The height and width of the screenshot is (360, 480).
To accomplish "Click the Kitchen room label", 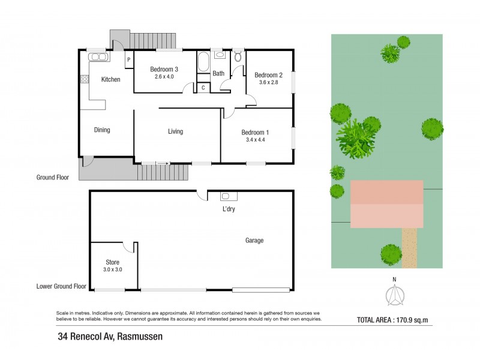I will click(110, 79).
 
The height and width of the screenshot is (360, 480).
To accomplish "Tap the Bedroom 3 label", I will click(163, 69).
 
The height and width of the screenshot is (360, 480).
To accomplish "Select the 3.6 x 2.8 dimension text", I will click(266, 82).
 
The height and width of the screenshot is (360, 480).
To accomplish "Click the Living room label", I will click(175, 131).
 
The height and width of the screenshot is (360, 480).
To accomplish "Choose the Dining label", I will click(102, 130).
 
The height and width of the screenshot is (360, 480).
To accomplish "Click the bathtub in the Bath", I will click(203, 62).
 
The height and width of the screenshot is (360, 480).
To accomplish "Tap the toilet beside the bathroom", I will click(238, 58).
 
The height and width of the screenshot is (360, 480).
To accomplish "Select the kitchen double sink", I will click(98, 57).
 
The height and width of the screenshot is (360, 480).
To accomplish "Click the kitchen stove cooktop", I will click(85, 79).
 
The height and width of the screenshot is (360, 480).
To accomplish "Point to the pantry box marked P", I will click(128, 59).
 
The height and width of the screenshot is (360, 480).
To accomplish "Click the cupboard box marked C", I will click(203, 88).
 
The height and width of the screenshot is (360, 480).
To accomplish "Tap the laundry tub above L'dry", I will click(229, 196).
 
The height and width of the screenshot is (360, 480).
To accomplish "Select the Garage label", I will click(254, 241).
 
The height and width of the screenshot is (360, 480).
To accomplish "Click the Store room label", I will click(113, 262).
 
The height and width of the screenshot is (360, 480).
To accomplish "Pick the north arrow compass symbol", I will click(394, 295).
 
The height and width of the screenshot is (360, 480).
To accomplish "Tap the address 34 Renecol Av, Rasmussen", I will click(110, 337).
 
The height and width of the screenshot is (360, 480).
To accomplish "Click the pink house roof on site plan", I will click(386, 203).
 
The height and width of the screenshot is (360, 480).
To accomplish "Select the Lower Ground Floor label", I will click(61, 287).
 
